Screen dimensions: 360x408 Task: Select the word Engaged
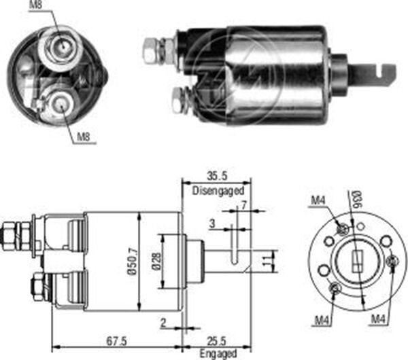pos(218,353)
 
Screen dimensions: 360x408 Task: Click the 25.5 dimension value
pos(218,340)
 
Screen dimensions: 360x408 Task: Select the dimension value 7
pos(243,204)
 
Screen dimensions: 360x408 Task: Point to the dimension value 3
pos(212,223)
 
